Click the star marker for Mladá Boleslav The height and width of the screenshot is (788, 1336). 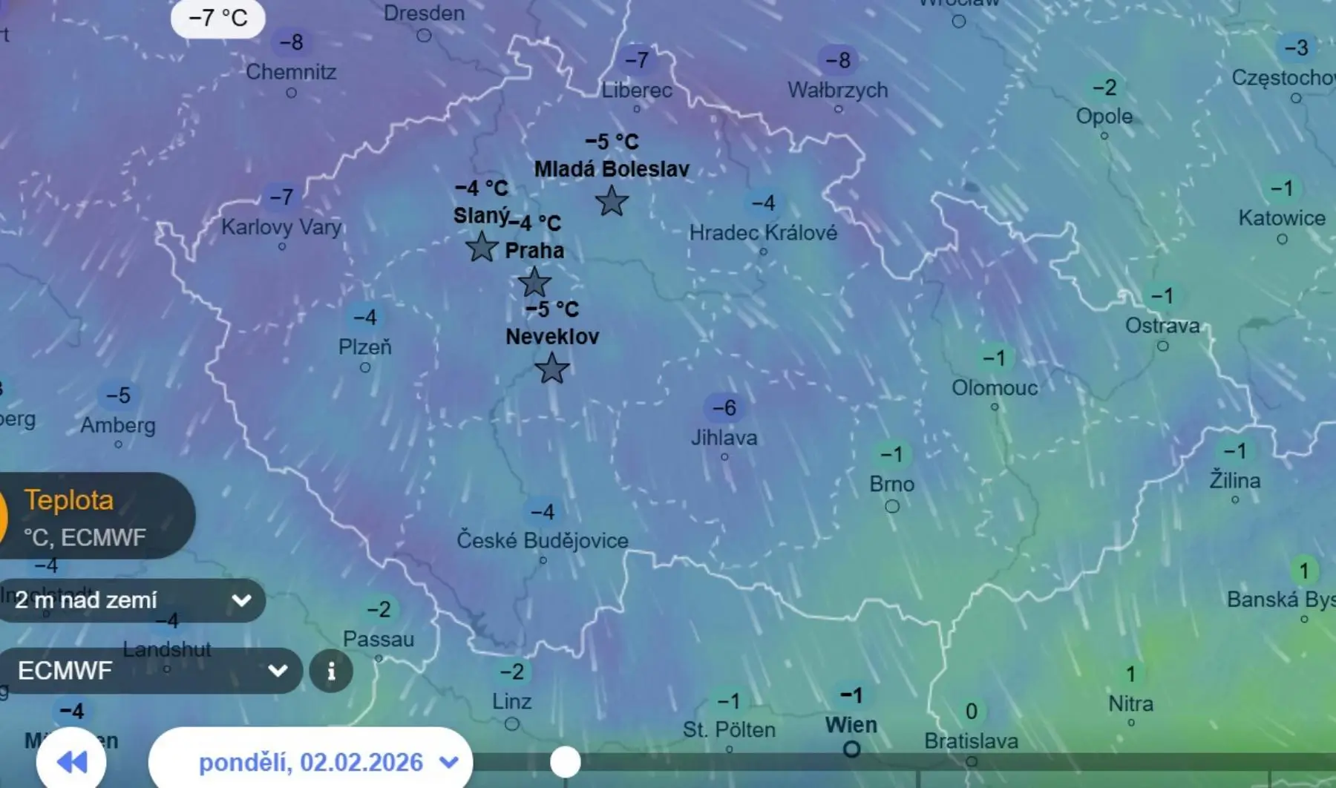(x=612, y=201)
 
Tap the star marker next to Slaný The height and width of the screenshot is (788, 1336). (x=482, y=247)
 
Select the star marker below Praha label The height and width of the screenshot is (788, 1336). (x=534, y=283)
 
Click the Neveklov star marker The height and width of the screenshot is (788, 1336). (x=551, y=368)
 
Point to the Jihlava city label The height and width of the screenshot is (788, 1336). (x=724, y=438)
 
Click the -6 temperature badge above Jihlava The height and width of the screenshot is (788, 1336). (x=724, y=407)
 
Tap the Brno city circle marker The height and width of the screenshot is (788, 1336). (x=892, y=506)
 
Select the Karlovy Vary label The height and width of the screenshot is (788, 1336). (x=281, y=226)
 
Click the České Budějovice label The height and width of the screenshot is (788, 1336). (x=543, y=540)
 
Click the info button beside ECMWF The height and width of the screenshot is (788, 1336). (x=331, y=672)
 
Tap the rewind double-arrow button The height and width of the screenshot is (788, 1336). (x=71, y=761)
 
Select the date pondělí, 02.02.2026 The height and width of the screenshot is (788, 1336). (x=312, y=762)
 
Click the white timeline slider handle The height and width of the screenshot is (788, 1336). (x=565, y=762)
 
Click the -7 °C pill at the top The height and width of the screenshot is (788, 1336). (x=217, y=18)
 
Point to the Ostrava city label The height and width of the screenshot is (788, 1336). (x=1162, y=326)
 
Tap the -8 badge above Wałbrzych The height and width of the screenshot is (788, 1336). (x=838, y=60)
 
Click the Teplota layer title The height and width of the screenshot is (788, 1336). (x=69, y=500)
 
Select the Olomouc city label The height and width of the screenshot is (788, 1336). (x=995, y=388)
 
